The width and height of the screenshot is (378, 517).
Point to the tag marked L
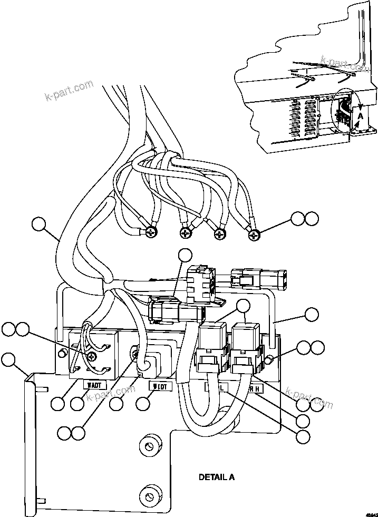point(216,387)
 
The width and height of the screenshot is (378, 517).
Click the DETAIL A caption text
point(216,477)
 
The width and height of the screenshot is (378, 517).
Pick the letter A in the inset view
point(361,114)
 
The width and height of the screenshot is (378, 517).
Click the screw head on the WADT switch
point(93,357)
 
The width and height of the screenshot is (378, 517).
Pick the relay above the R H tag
point(245,334)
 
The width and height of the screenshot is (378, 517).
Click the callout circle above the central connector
point(185,256)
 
